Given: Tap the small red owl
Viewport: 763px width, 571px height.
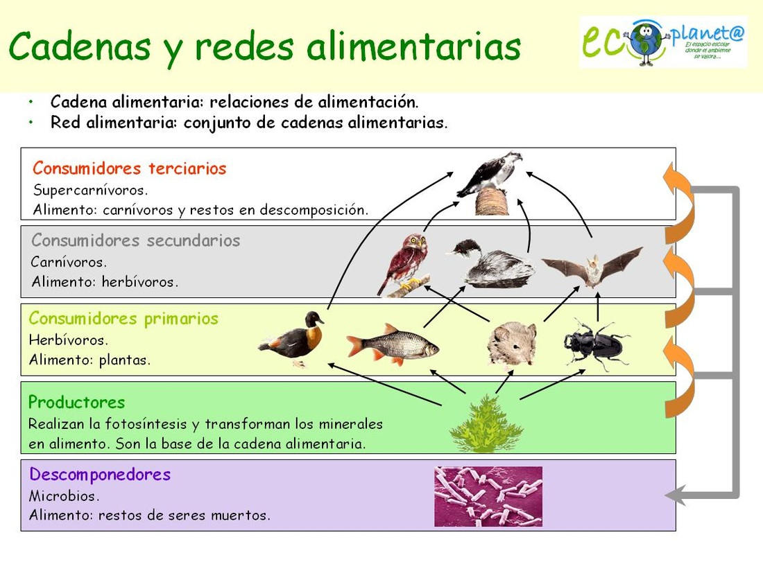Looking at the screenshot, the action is click(x=406, y=263).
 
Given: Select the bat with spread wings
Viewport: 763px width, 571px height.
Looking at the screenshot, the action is click(x=592, y=267).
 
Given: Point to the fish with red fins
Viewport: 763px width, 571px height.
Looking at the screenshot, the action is click(x=393, y=343).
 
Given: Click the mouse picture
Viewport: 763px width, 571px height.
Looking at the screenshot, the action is click(x=512, y=343).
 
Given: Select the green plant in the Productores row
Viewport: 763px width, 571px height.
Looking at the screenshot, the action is click(x=486, y=425).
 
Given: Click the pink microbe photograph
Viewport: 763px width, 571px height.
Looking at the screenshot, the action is click(x=488, y=496).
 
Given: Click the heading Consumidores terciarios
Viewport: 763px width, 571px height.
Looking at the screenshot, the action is click(x=130, y=168).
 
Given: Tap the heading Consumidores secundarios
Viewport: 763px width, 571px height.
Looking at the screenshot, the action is click(x=136, y=241).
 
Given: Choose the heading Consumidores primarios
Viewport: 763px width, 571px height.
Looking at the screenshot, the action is click(x=123, y=319).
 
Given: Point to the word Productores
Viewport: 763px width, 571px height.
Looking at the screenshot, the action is click(x=77, y=402).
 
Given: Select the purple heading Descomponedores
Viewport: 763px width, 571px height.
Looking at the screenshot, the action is click(x=100, y=475).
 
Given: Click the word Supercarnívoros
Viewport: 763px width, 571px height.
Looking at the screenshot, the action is click(x=91, y=189).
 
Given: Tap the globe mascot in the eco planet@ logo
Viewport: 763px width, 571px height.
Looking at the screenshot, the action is click(x=646, y=42).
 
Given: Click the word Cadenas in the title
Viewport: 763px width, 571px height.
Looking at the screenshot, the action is click(x=80, y=46).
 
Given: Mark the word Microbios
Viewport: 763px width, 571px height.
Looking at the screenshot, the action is click(x=65, y=496).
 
